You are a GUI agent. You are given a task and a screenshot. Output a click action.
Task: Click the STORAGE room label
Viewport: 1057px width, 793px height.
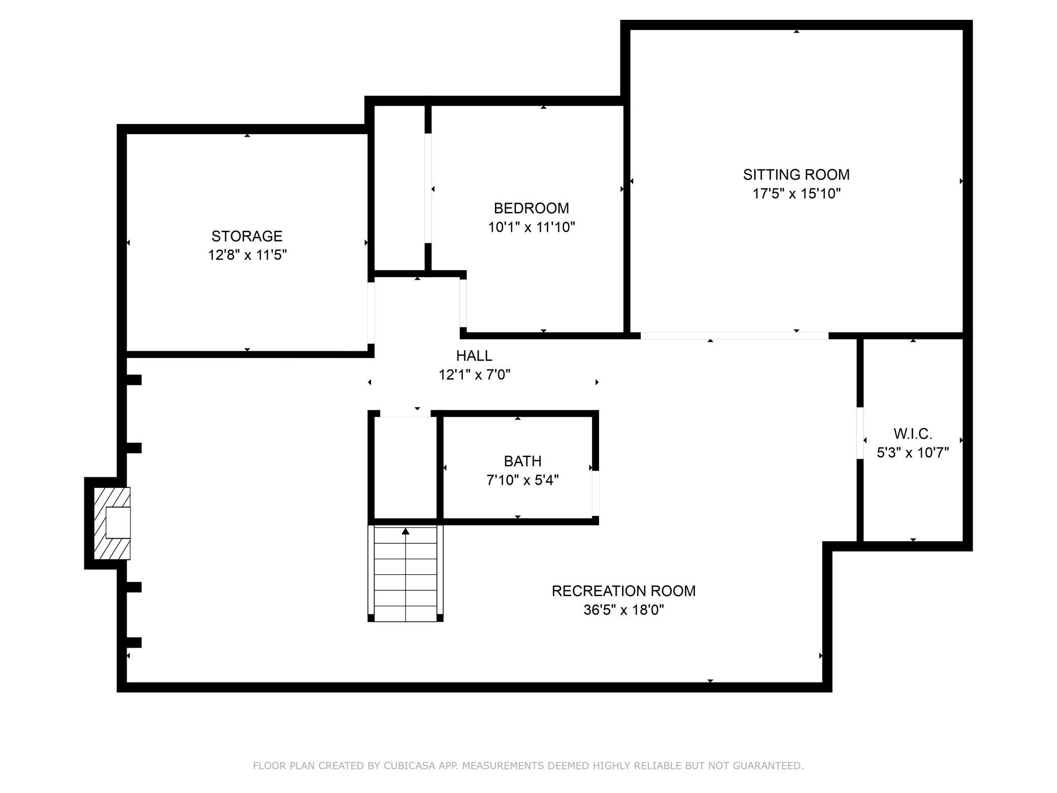[247, 236]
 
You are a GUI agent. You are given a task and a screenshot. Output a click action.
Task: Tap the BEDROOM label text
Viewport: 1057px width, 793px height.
[532, 208]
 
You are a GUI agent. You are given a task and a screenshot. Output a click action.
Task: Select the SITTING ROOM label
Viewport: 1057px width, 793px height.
[796, 175]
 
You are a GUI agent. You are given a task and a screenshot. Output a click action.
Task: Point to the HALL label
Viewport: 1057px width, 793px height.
[474, 356]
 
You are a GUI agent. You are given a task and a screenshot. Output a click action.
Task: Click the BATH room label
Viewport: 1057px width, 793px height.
[522, 462]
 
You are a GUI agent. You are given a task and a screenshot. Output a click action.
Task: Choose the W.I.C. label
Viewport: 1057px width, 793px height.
[913, 434]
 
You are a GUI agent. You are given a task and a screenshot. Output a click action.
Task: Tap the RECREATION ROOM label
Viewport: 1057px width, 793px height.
[624, 591]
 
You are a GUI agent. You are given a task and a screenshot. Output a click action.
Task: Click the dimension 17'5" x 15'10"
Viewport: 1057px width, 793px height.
[796, 194]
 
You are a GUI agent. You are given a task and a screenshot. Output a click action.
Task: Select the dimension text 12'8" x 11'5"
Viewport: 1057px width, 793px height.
[247, 255]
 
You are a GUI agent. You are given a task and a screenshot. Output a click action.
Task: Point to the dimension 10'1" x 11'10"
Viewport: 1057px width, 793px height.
[532, 227]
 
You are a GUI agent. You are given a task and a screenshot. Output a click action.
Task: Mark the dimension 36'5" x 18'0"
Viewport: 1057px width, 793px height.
[624, 610]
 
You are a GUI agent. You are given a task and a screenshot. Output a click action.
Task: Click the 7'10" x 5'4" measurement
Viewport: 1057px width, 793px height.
[522, 480]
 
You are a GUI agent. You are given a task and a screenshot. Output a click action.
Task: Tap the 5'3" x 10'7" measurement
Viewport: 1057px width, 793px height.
[913, 453]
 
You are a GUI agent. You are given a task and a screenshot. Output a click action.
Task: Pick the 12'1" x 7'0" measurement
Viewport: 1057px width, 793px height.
[474, 375]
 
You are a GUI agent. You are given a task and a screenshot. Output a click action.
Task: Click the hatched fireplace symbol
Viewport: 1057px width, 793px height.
[112, 524]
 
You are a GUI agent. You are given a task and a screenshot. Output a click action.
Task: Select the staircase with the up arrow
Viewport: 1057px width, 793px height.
[406, 573]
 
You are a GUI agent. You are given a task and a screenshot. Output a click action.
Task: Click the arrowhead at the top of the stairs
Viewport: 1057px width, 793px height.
[406, 531]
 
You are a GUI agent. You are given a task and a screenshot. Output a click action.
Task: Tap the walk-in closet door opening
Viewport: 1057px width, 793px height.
[860, 433]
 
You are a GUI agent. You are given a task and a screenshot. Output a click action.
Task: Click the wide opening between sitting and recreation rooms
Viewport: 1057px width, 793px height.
[734, 335]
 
